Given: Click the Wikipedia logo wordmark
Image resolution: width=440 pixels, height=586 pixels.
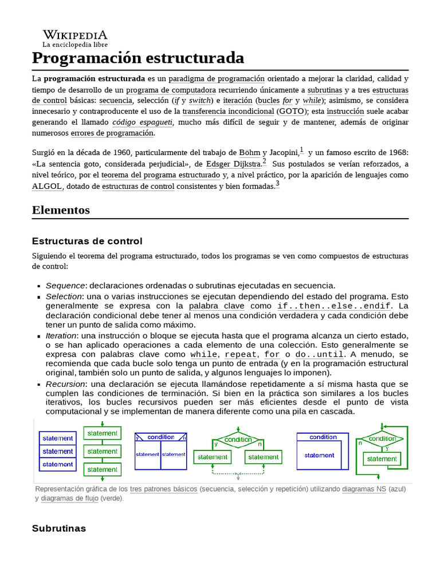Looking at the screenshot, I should [74, 35].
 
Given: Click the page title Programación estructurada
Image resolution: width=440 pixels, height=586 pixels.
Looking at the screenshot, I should [138, 58].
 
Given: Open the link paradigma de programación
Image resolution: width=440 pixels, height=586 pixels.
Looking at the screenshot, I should [217, 78].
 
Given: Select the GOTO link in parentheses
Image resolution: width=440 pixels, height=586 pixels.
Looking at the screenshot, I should [292, 111].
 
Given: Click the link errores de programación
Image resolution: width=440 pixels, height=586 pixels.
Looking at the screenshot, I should [112, 133].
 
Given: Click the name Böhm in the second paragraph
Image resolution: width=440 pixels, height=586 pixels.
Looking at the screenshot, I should [249, 153].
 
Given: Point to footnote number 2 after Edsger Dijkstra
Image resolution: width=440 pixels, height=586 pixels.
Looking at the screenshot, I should [264, 162].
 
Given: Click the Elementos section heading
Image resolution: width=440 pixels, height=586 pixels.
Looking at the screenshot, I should [61, 210].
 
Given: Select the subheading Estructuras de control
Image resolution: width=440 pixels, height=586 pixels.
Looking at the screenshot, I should [87, 241].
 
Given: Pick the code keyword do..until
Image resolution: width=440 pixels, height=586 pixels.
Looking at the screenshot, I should [319, 354].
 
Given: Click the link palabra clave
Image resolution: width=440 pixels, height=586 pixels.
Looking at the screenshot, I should [217, 306].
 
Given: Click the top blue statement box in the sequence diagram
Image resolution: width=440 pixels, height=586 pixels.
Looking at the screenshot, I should [57, 438].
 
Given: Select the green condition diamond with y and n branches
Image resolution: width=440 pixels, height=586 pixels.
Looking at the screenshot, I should [238, 439].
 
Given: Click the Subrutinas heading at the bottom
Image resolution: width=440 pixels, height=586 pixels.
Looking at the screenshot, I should [59, 528].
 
